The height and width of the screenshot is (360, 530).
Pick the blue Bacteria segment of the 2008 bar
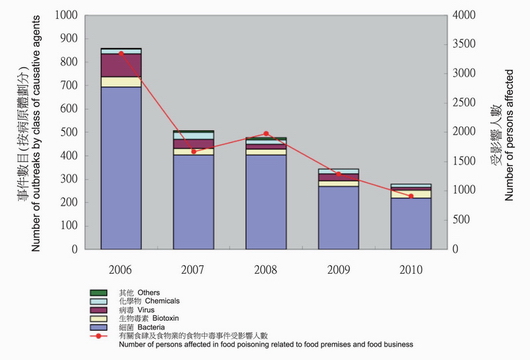click(x=266, y=200)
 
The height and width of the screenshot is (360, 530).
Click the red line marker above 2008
click(x=266, y=133)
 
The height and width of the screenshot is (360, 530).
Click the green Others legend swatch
click(x=95, y=293)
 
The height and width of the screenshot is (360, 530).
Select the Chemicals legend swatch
click(x=95, y=302)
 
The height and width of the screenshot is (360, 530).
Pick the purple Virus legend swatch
click(x=95, y=311)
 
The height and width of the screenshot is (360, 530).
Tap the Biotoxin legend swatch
click(x=95, y=319)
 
